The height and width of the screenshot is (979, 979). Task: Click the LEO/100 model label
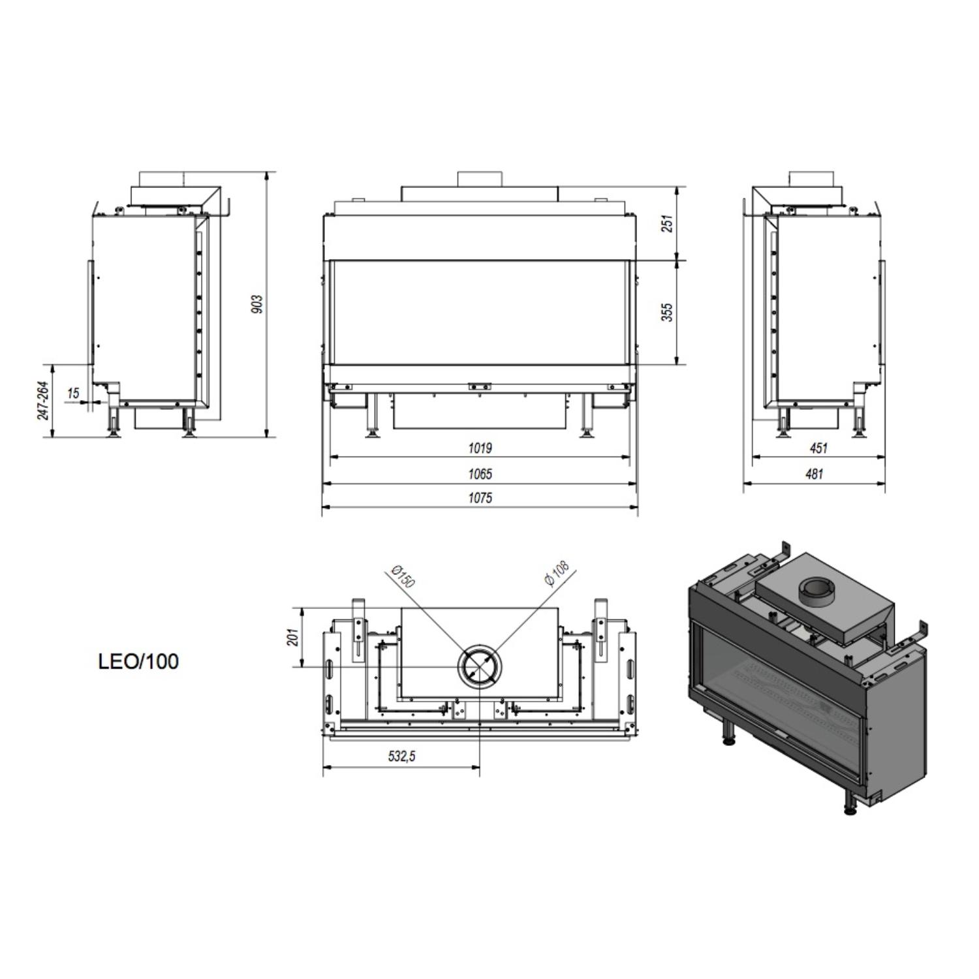click(x=138, y=662)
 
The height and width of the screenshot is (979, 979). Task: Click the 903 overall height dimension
click(x=258, y=303)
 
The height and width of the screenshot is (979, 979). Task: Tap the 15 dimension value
click(x=73, y=393)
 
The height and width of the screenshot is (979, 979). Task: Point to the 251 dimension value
click(x=666, y=224)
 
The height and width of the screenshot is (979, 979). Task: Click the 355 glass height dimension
click(x=666, y=312)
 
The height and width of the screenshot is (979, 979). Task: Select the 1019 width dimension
click(x=480, y=448)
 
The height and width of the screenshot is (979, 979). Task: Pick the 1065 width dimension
click(x=480, y=474)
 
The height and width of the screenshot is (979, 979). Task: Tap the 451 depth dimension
click(x=818, y=448)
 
